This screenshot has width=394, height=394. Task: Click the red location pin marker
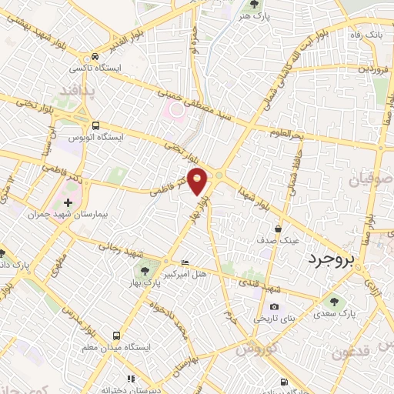pyautogui.click(x=199, y=181)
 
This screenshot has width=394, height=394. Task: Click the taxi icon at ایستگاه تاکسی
pyautogui.click(x=94, y=56)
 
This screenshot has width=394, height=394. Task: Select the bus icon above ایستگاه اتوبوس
pyautogui.click(x=95, y=125)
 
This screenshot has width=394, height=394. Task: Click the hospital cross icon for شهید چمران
pyautogui.click(x=68, y=202)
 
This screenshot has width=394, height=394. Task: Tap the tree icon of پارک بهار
pyautogui.click(x=144, y=270)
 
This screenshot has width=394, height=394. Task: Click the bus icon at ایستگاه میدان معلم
pyautogui.click(x=116, y=336)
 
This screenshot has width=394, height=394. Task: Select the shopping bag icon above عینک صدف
pyautogui.click(x=279, y=229)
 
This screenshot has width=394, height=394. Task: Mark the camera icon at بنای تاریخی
pyautogui.click(x=275, y=307)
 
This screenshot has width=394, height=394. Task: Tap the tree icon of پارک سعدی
pyautogui.click(x=333, y=301)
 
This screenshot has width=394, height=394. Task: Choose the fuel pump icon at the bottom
pyautogui.click(x=285, y=382)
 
